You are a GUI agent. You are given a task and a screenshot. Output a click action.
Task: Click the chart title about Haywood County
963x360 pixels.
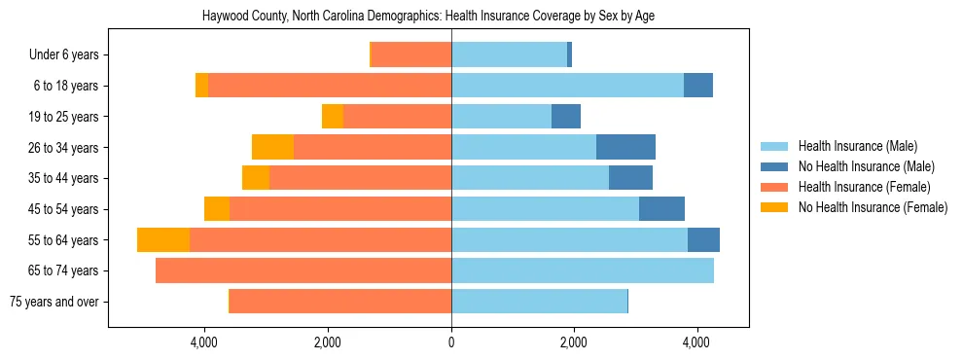tap(428, 17)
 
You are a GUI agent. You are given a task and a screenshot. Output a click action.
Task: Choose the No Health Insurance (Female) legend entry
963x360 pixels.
tap(873, 207)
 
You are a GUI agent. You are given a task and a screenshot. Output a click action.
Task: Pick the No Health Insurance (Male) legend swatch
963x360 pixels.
tap(775, 166)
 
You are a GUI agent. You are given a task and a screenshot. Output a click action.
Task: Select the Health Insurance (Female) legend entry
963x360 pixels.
tap(864, 187)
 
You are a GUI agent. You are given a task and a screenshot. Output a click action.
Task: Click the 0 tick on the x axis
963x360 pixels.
tap(451, 343)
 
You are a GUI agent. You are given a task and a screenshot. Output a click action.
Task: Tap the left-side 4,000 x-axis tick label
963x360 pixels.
tap(204, 343)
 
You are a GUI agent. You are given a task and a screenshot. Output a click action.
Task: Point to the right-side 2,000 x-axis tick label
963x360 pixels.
tap(574, 343)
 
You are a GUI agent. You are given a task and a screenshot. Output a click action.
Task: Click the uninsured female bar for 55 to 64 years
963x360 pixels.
tap(163, 240)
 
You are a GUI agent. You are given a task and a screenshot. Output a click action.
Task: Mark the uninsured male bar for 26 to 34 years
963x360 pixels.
tap(625, 148)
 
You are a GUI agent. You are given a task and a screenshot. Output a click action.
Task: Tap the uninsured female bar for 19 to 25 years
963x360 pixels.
tap(333, 117)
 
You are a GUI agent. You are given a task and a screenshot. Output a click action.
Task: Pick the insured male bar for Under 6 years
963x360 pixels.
tap(509, 55)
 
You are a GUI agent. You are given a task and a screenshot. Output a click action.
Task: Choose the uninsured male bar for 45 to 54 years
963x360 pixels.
tap(661, 209)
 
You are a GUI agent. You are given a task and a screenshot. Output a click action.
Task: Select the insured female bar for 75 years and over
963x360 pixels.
tap(340, 302)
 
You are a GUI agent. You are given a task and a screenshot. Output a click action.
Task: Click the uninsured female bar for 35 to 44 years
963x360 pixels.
tap(256, 178)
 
